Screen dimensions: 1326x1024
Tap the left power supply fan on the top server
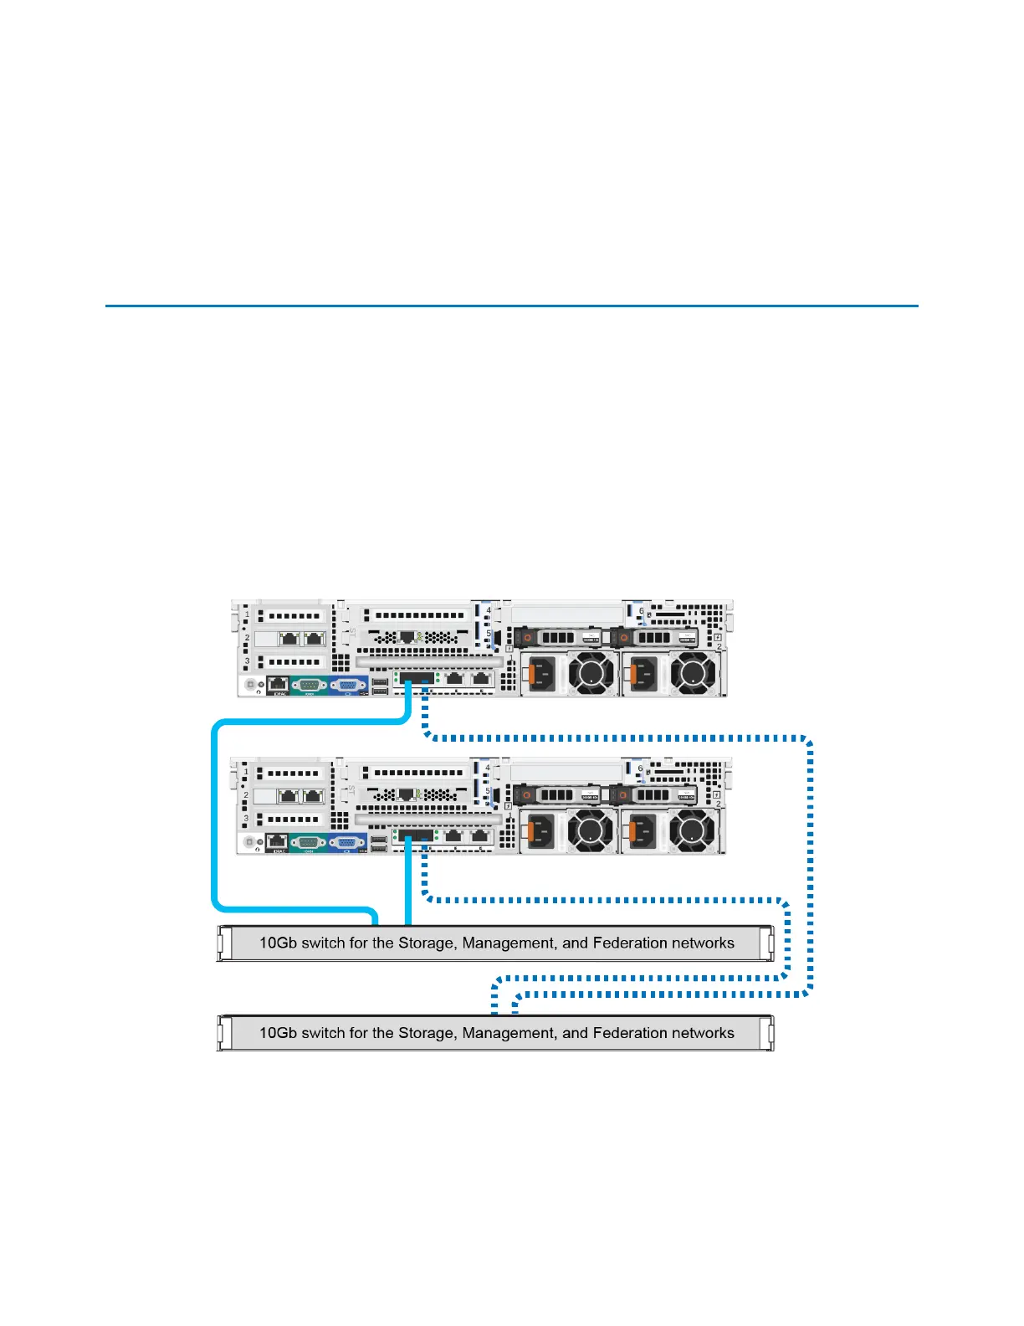click(592, 672)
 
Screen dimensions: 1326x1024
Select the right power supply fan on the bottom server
click(693, 830)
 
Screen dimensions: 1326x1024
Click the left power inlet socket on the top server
click(542, 672)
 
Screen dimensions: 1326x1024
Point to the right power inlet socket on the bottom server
click(642, 830)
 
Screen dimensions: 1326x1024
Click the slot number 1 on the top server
click(247, 615)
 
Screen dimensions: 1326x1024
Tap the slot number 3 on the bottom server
click(246, 819)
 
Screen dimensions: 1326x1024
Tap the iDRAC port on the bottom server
click(278, 841)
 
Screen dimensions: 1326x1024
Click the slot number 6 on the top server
click(642, 611)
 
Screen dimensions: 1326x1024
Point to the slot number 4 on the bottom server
click(489, 768)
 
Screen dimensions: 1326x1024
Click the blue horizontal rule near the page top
click(512, 306)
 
